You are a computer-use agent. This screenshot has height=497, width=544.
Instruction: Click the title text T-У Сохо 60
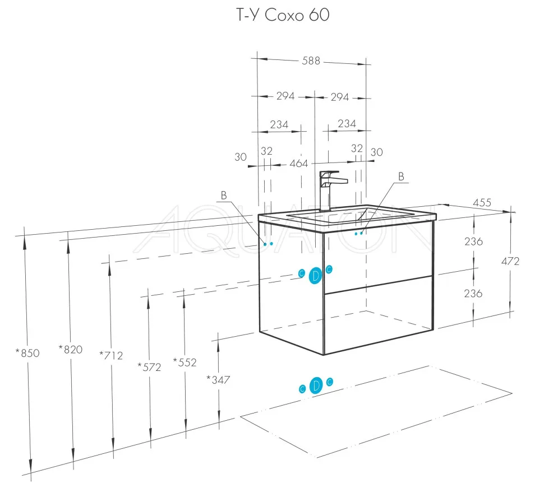coord(282,15)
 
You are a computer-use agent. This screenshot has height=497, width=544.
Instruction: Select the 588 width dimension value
coord(311,61)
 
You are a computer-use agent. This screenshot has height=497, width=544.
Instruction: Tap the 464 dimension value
coord(299,163)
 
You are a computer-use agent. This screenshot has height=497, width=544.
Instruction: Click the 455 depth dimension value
coord(482,202)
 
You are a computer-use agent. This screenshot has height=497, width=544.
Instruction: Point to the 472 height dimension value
coord(525,261)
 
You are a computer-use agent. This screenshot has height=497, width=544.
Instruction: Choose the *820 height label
coord(70,350)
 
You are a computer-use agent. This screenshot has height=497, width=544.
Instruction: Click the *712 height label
coord(110,355)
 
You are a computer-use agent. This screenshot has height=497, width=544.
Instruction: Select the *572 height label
coord(149,367)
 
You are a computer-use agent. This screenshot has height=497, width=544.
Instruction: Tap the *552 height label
coord(185,363)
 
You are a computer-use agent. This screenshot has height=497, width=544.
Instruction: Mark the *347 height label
coord(218,379)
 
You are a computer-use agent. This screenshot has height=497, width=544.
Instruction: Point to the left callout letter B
coord(223,196)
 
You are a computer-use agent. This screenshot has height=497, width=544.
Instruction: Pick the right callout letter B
coord(401,176)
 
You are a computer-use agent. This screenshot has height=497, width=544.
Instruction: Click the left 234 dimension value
coord(279,124)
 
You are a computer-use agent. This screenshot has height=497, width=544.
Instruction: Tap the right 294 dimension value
coord(339,97)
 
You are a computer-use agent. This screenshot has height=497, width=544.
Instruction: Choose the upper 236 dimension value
coord(473,241)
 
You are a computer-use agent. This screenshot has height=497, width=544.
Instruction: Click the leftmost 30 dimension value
coord(241,157)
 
